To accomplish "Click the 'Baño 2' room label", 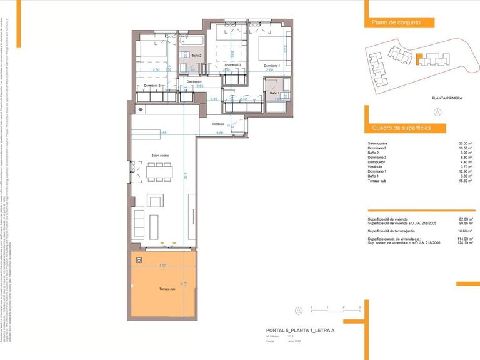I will point(187,56).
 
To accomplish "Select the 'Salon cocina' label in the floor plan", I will point(159,155).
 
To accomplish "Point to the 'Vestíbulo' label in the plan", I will point(217,123).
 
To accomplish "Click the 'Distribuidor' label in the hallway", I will point(193,81).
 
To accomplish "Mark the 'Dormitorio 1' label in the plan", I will point(271,66).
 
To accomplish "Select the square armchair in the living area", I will point(155,201).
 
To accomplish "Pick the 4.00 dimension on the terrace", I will point(162,266).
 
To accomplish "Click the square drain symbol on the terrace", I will point(139,261).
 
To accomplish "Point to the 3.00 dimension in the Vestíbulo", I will point(219,133).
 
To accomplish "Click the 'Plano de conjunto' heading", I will point(396,22).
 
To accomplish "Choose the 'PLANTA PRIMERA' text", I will point(446,98).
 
